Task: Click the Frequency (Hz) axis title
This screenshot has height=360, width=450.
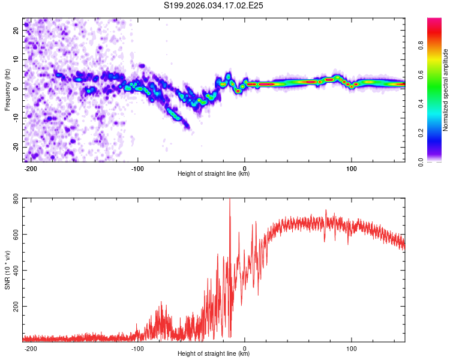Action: [x=7, y=89]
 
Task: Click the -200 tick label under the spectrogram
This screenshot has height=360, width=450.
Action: [x=31, y=167]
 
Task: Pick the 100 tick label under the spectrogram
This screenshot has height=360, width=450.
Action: [x=352, y=167]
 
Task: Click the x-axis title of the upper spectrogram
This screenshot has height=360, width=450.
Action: [x=213, y=174]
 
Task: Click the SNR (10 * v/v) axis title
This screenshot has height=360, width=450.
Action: [x=7, y=270]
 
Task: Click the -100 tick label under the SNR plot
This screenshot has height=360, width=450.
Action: [x=137, y=347]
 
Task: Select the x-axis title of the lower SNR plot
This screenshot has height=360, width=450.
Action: [x=213, y=354]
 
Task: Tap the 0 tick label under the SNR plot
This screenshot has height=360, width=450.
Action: [x=245, y=347]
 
